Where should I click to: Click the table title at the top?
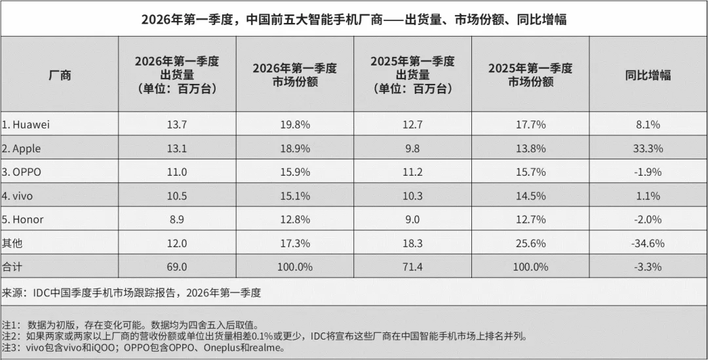[x=354, y=19]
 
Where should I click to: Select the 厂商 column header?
[x=60, y=75]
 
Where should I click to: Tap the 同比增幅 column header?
[x=648, y=75]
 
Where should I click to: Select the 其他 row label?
[x=12, y=243]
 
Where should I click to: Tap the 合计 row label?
[x=12, y=266]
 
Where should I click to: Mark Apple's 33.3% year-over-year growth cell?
[x=648, y=148]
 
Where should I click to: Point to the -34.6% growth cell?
[x=648, y=243]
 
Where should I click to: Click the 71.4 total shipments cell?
[x=412, y=266]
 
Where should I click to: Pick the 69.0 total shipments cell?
[x=177, y=266]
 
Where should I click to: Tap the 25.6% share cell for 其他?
[x=530, y=243]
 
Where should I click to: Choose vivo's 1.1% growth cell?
[x=648, y=195]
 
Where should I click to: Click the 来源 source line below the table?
[x=131, y=292]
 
